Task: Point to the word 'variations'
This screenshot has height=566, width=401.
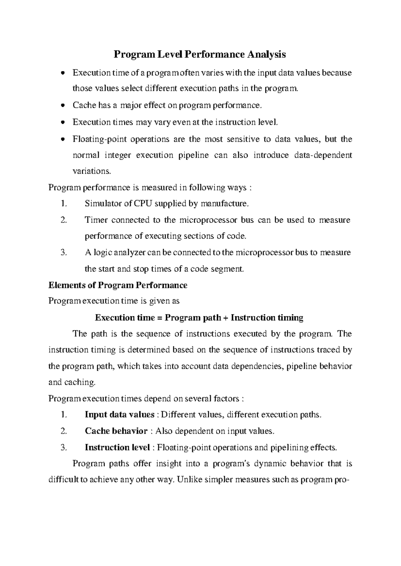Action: (x=91, y=171)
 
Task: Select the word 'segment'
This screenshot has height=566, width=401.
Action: (x=226, y=269)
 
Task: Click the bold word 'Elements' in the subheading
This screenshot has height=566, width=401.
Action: (x=66, y=285)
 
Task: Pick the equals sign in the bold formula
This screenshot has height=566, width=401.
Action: (x=158, y=318)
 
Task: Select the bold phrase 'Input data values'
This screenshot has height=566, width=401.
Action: (x=119, y=415)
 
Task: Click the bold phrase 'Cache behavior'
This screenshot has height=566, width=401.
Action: (x=116, y=431)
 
